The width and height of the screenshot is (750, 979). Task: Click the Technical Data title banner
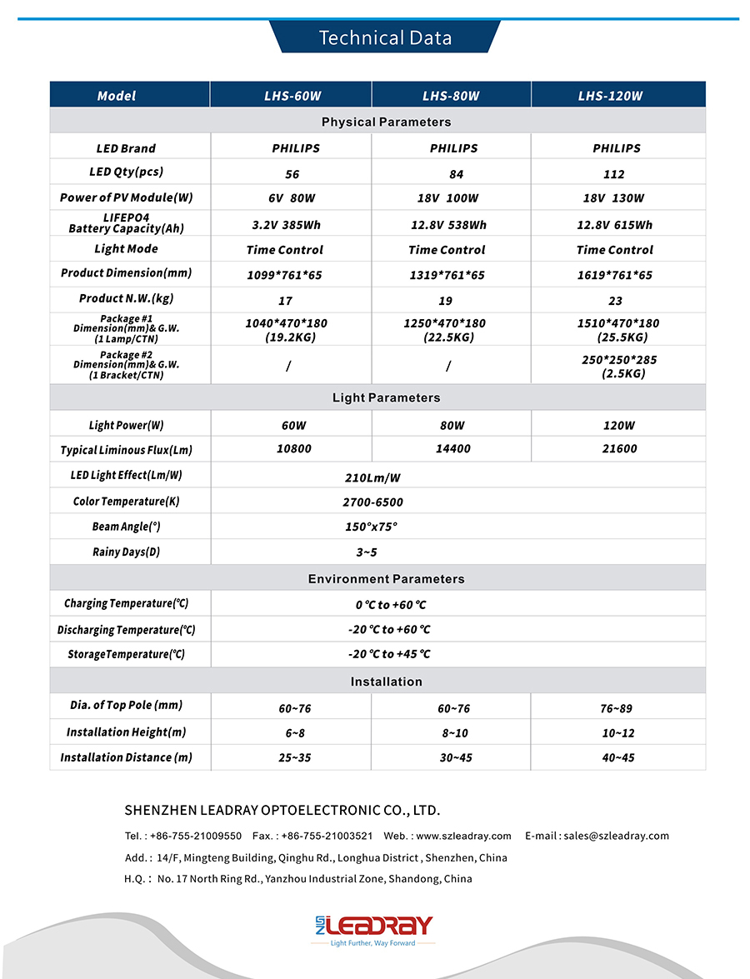click(385, 37)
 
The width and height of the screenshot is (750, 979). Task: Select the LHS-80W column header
click(451, 96)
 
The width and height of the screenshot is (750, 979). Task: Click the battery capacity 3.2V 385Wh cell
click(286, 225)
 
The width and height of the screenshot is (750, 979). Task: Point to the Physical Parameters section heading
click(386, 122)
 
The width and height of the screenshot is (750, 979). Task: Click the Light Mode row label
click(126, 249)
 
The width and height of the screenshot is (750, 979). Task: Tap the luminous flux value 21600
click(619, 449)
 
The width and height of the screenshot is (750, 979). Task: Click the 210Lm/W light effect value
click(372, 478)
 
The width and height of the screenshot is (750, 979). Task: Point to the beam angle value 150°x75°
click(372, 527)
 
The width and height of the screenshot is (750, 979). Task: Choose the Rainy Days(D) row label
click(126, 552)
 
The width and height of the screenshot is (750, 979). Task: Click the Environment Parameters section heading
click(386, 579)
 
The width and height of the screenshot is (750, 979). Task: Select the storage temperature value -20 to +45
click(389, 655)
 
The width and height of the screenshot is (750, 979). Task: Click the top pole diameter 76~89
click(617, 709)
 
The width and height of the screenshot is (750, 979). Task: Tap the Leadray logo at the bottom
click(374, 927)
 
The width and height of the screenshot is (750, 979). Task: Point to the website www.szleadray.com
click(463, 836)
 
